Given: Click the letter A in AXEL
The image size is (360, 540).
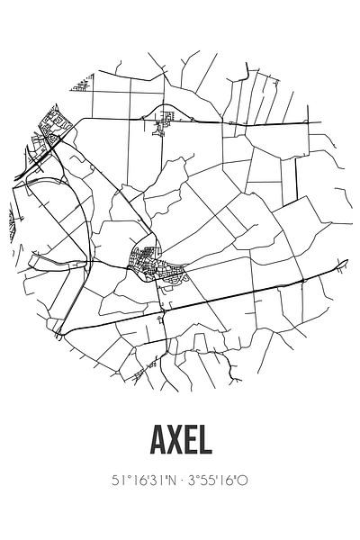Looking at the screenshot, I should tap(150, 444).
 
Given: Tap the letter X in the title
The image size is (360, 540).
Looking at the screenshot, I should tap(171, 444).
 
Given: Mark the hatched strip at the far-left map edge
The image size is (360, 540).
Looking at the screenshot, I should tap(11, 215).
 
